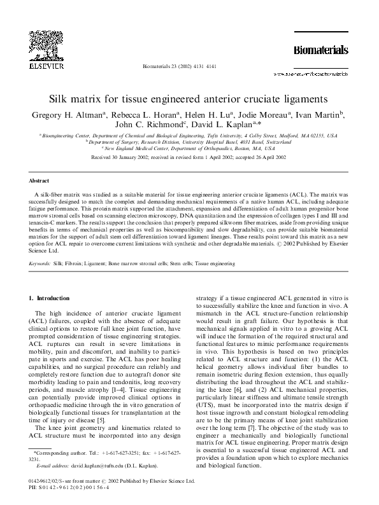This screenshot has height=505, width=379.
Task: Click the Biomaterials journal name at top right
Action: [x=320, y=50]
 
